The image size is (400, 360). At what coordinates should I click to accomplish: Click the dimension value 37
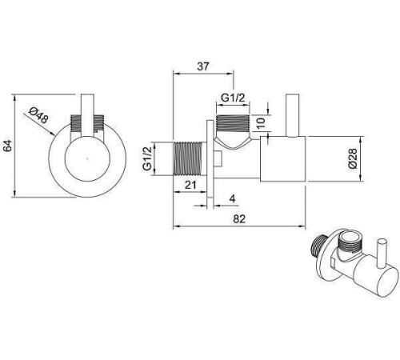point(203,66)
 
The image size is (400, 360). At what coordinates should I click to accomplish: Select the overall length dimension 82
point(239,219)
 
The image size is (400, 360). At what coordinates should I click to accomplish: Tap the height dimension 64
point(8,146)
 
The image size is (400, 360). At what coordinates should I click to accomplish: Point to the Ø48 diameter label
point(39,115)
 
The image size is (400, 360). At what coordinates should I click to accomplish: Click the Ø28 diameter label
point(352,158)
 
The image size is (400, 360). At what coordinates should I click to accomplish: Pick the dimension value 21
point(190,185)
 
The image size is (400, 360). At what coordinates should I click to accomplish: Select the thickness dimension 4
point(233,198)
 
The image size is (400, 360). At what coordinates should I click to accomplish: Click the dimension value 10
point(262,122)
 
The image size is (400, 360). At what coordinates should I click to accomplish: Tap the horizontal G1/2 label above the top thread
point(233,98)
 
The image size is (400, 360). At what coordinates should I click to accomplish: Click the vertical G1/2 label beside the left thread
point(147,158)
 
